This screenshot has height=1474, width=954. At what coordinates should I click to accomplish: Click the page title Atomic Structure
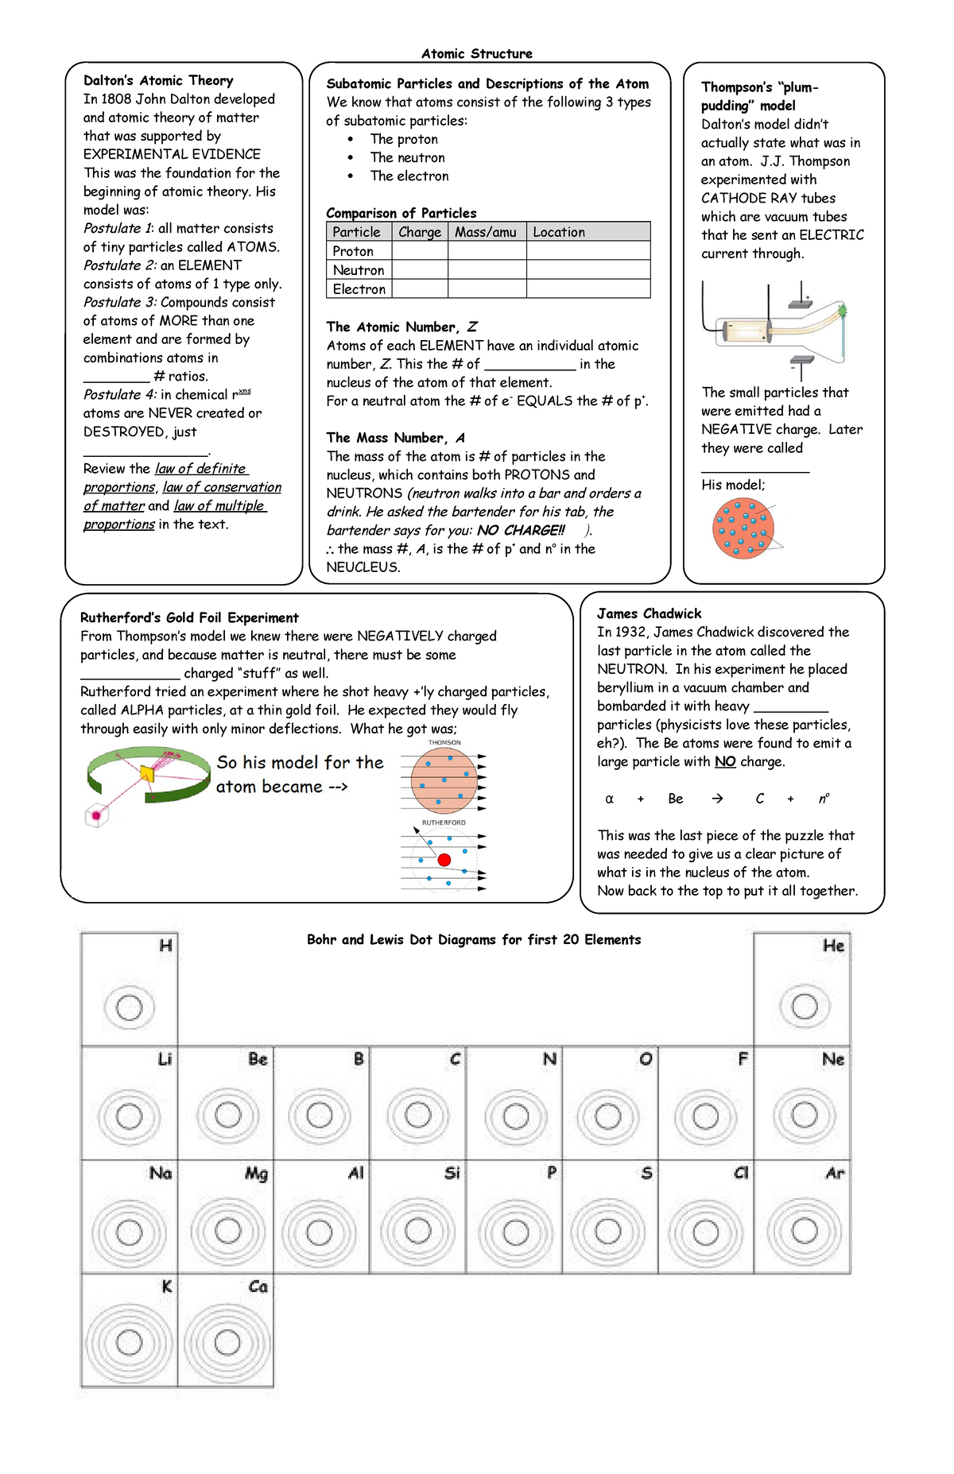pos(477,54)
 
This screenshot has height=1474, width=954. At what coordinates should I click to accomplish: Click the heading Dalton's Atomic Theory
pos(158,80)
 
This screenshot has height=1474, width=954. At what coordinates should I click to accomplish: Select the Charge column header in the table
pos(420,232)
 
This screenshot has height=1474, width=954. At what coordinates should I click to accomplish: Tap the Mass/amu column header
pos(486,232)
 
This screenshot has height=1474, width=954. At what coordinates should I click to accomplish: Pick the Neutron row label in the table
pos(359,270)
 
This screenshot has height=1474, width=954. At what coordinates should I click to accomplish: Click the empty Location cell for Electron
pos(588,289)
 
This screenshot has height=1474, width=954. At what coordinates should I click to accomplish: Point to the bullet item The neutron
pos(407,157)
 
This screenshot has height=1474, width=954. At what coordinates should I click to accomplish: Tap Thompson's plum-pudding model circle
pos(743,528)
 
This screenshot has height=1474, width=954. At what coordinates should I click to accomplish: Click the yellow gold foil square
pos(148,773)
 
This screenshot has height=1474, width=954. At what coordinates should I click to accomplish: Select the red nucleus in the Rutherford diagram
pos(444,860)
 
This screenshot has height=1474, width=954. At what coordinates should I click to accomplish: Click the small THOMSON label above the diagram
pos(444,743)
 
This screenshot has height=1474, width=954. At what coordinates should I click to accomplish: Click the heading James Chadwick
pos(649,613)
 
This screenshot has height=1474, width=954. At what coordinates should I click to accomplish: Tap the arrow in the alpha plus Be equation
pos(717,799)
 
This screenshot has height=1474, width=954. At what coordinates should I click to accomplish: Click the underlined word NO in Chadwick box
pos(724,761)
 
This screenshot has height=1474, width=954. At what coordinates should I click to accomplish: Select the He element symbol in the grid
pos(833,946)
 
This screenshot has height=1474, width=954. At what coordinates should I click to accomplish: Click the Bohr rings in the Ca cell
pos(227,1343)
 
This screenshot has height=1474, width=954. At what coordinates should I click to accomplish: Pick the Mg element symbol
pos(256,1174)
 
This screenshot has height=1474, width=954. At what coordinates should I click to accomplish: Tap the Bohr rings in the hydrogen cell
pos(129,1008)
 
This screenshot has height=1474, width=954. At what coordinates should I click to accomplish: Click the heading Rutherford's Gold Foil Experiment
pos(189,617)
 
